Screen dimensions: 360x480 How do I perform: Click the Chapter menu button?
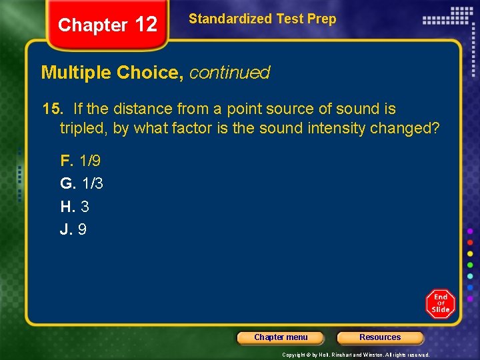(281, 337)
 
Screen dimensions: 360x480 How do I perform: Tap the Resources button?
(380, 337)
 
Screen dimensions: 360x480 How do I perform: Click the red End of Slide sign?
(440, 304)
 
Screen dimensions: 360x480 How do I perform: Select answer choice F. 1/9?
(80, 161)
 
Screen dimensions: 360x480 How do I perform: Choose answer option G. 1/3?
(81, 183)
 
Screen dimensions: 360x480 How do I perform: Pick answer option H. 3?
(75, 207)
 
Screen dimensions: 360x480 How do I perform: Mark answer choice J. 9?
(73, 229)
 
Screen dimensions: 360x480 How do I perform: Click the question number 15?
(51, 109)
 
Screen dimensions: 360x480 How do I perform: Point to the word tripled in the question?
(83, 128)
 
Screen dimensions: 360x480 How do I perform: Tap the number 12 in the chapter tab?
(146, 25)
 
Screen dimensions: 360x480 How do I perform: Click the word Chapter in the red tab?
(93, 25)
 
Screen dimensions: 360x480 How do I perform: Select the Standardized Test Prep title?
(262, 19)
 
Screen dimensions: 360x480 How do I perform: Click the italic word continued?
(229, 73)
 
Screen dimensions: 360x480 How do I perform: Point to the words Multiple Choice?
(112, 73)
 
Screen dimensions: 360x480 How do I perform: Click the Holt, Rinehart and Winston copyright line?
(355, 355)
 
